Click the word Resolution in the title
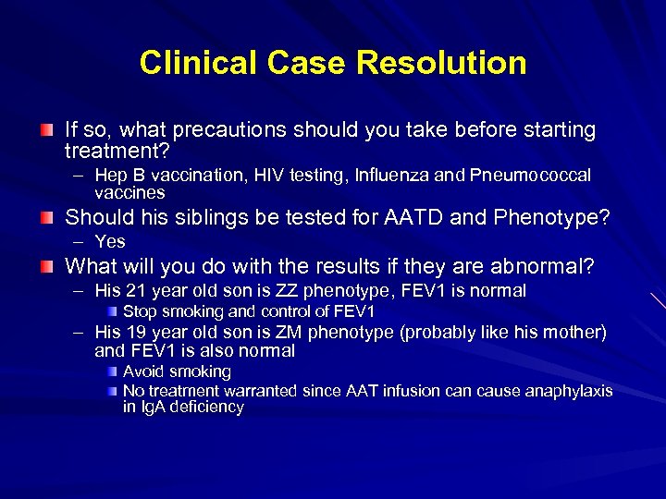coord(441,63)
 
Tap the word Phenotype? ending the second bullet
coord(564,218)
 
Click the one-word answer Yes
coord(110,241)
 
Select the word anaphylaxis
coord(569,391)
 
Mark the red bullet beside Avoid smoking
coord(111,371)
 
